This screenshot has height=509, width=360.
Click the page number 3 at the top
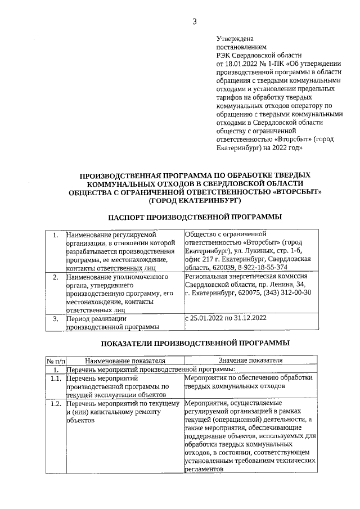pyautogui.click(x=195, y=22)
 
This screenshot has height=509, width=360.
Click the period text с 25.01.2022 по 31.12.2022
pyautogui.click(x=225, y=318)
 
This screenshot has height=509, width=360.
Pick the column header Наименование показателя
pyautogui.click(x=125, y=361)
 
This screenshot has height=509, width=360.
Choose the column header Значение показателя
pyautogui.click(x=250, y=361)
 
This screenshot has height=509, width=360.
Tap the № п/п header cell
pyautogui.click(x=55, y=361)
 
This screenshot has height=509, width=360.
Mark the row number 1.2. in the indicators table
pyautogui.click(x=55, y=403)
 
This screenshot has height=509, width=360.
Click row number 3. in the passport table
pyautogui.click(x=55, y=318)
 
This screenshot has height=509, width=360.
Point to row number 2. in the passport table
pyautogui.click(x=55, y=277)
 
